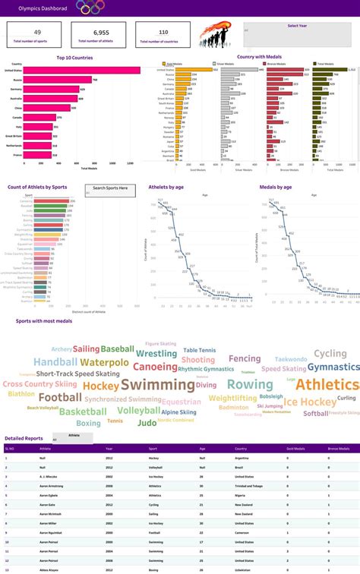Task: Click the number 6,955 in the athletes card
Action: [101, 33]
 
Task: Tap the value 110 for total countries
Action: [163, 33]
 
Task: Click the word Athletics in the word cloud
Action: [327, 385]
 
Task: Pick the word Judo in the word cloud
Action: [147, 422]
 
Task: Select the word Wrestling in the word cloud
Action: [156, 353]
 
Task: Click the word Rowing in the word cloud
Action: [249, 385]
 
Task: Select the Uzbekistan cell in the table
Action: [245, 569]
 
